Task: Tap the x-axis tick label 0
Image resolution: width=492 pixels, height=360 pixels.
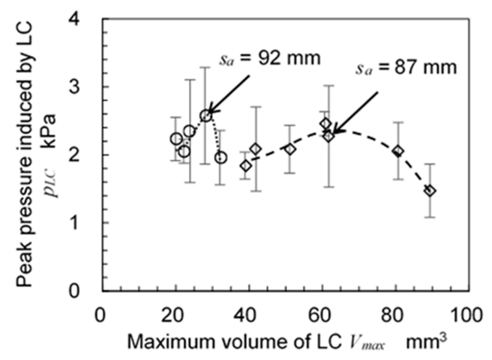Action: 100,315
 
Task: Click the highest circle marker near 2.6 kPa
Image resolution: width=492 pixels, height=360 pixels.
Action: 206,116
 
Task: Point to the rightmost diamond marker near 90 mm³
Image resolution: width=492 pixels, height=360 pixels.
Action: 430,191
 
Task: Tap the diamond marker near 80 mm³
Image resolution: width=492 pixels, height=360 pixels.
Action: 398,151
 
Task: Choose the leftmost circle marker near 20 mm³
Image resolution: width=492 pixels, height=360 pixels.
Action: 176,139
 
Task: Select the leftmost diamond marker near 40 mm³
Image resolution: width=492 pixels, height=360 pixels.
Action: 246,166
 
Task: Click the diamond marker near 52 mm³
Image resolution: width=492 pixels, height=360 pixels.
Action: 290,149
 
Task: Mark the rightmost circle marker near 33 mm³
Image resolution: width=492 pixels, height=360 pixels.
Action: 221,158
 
